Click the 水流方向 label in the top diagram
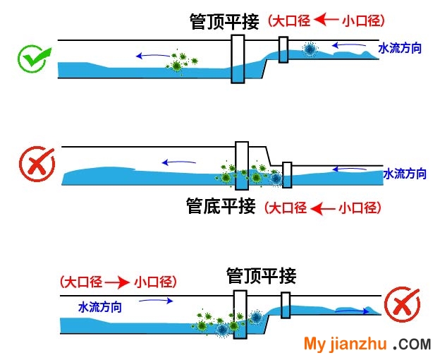click(400, 49)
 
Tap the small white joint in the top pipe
click(283, 48)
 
